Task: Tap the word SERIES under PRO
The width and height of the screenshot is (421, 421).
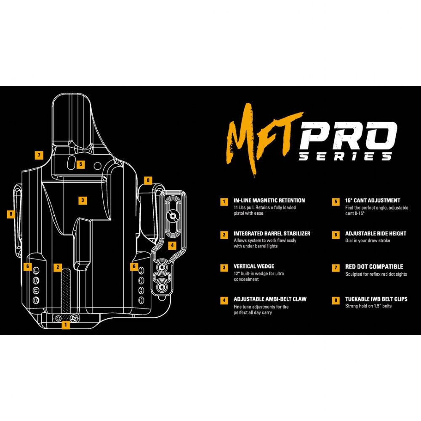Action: pos(345,156)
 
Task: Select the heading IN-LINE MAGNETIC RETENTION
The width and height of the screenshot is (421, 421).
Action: pos(269,200)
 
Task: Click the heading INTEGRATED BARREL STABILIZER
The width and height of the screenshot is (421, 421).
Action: pos(272,234)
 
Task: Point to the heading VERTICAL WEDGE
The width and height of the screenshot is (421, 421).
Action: pos(254,266)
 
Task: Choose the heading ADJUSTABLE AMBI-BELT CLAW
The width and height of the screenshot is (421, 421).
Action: pos(270,299)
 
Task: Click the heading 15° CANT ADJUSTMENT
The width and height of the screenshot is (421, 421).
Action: pos(373,200)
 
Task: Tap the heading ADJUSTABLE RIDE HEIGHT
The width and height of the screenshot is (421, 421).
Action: pos(376,234)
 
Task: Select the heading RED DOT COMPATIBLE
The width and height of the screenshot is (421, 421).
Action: pos(374,266)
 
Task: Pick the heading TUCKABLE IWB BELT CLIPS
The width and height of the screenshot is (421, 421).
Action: pos(376,299)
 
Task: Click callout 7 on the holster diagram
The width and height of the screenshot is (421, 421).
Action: pos(39,155)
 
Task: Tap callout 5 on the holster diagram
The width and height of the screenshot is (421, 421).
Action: pos(80,164)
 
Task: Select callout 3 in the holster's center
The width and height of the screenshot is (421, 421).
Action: pos(83,200)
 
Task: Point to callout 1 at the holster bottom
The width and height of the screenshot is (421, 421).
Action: pos(66,325)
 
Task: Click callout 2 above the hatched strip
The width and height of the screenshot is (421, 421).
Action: pos(58,267)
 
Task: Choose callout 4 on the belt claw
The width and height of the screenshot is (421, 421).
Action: pos(172,245)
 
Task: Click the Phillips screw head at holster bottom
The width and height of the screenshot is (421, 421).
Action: pos(74,318)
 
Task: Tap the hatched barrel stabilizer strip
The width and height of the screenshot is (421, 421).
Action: pos(66,291)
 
